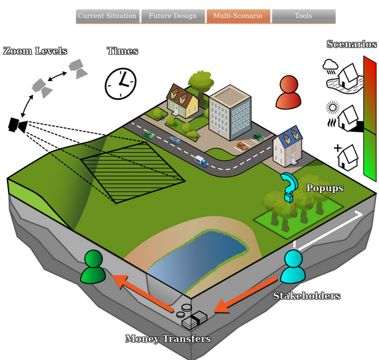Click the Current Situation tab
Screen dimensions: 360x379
(108, 16)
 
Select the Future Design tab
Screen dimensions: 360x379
(172, 16)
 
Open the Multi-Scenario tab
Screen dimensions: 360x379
(237, 16)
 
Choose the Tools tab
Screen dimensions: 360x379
(303, 16)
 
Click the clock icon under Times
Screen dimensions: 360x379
(121, 83)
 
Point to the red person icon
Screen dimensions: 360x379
(289, 93)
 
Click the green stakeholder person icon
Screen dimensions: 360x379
(94, 267)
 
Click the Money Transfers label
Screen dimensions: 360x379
(168, 339)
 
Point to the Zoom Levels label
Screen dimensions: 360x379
(35, 51)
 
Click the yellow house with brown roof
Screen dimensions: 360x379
(183, 102)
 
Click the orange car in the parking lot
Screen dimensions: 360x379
(242, 145)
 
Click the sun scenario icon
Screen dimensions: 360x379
(332, 108)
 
